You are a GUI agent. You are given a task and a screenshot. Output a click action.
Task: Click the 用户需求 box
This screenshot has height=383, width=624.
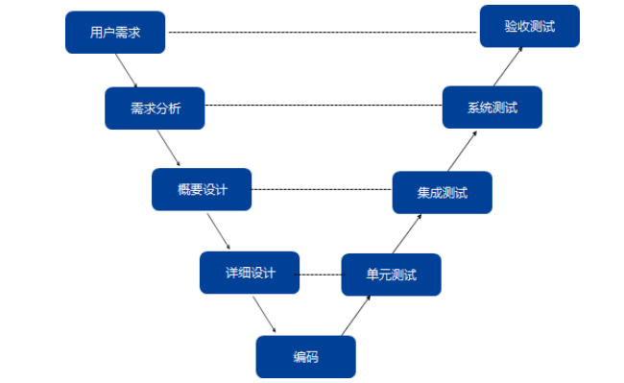[x=114, y=33]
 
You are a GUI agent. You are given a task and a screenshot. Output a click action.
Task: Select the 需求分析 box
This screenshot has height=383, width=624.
[x=155, y=108]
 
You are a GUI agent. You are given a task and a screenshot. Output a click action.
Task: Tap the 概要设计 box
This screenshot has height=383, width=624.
[x=202, y=189]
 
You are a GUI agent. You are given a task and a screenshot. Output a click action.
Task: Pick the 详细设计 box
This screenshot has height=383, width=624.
[x=250, y=273]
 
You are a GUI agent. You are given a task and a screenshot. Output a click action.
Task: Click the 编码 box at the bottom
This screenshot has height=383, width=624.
[x=305, y=357]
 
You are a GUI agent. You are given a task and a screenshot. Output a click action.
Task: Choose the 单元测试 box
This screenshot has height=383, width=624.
[x=391, y=275]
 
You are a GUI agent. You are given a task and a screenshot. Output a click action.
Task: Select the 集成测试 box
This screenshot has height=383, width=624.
[x=442, y=192]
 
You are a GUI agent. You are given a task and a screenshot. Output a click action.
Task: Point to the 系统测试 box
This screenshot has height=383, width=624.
[x=492, y=108]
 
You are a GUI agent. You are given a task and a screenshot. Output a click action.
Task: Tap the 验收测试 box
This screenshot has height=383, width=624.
[x=530, y=26]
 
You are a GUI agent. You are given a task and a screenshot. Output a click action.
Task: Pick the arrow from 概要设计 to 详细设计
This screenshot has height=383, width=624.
[x=218, y=230]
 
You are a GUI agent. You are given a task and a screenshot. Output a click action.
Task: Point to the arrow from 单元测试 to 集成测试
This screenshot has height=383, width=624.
[x=408, y=233]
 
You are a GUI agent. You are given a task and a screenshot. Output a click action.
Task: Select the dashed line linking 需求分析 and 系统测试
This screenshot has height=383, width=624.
[x=324, y=105]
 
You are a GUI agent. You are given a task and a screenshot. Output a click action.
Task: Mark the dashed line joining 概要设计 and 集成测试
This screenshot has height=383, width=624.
[x=322, y=189]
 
